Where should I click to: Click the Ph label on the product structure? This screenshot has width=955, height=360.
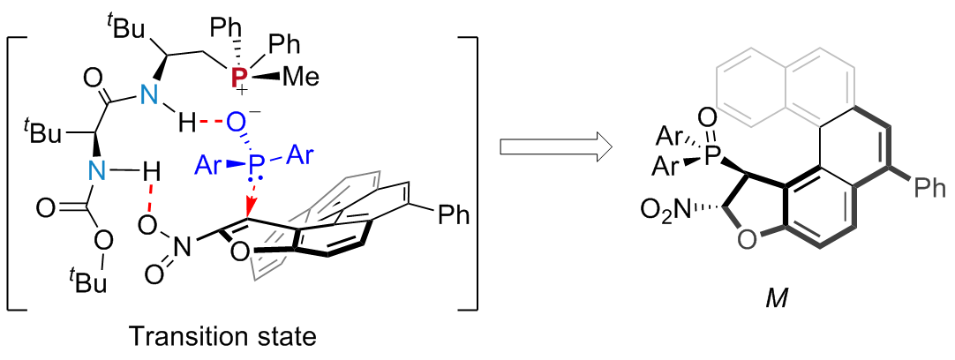pyautogui.click(x=929, y=187)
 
